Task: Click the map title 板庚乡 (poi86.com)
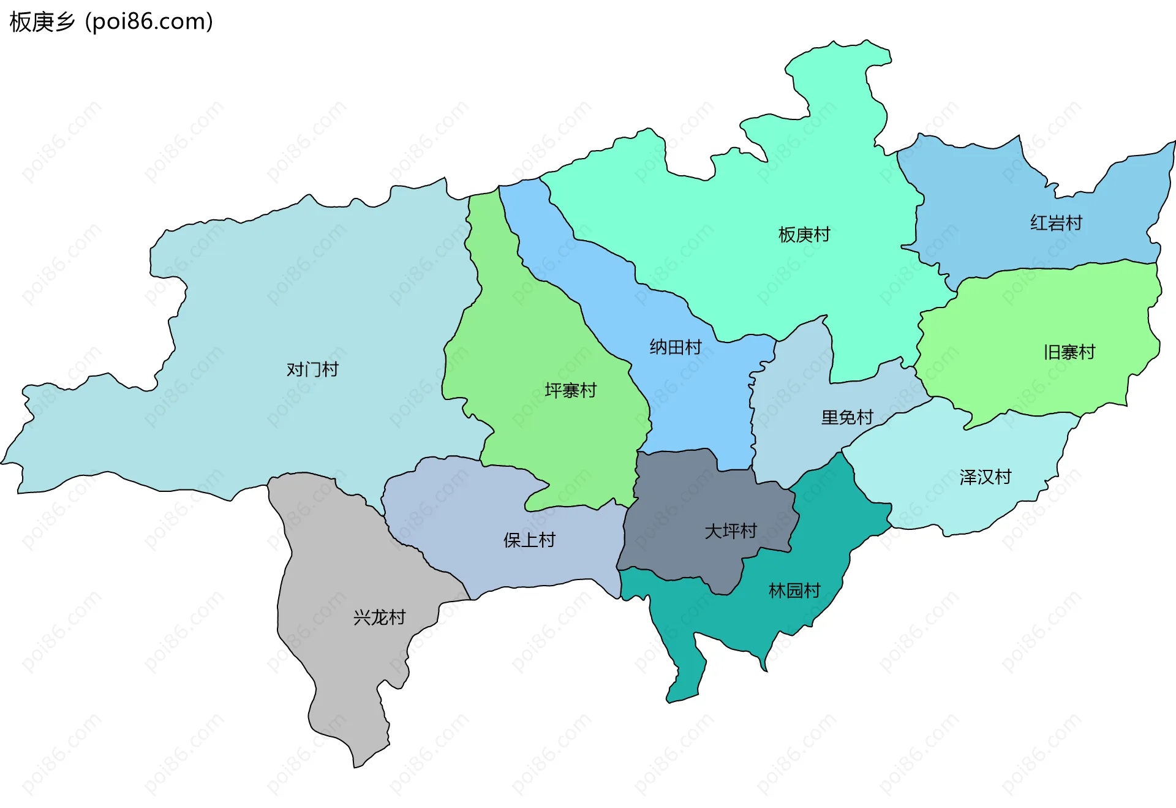coord(111,22)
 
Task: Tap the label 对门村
coord(312,369)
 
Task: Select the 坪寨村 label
coord(570,390)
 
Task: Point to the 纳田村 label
coord(676,347)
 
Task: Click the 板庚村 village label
coord(804,235)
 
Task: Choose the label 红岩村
coord(1056,223)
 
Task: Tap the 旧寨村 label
coord(1069,352)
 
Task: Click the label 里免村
coord(847,418)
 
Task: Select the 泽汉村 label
coord(985,477)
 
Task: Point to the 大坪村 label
coord(731,531)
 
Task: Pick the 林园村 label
coord(794,591)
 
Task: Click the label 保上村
coord(529,540)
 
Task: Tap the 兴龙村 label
coord(379,617)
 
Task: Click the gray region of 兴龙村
coord(343,674)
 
